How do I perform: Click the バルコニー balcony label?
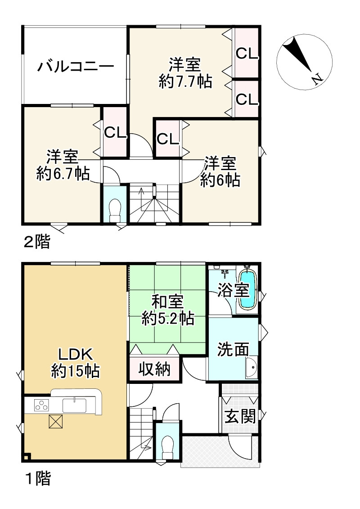[x=75, y=67]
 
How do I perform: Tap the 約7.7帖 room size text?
[x=185, y=82]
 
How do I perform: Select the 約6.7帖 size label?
[x=62, y=173]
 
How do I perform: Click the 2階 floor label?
[x=36, y=243]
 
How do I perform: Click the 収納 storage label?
[x=154, y=369]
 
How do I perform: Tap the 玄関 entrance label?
[x=240, y=417]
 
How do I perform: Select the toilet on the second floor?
[x=116, y=209]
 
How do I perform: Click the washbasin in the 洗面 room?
[x=251, y=369]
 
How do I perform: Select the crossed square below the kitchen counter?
[x=56, y=422]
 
